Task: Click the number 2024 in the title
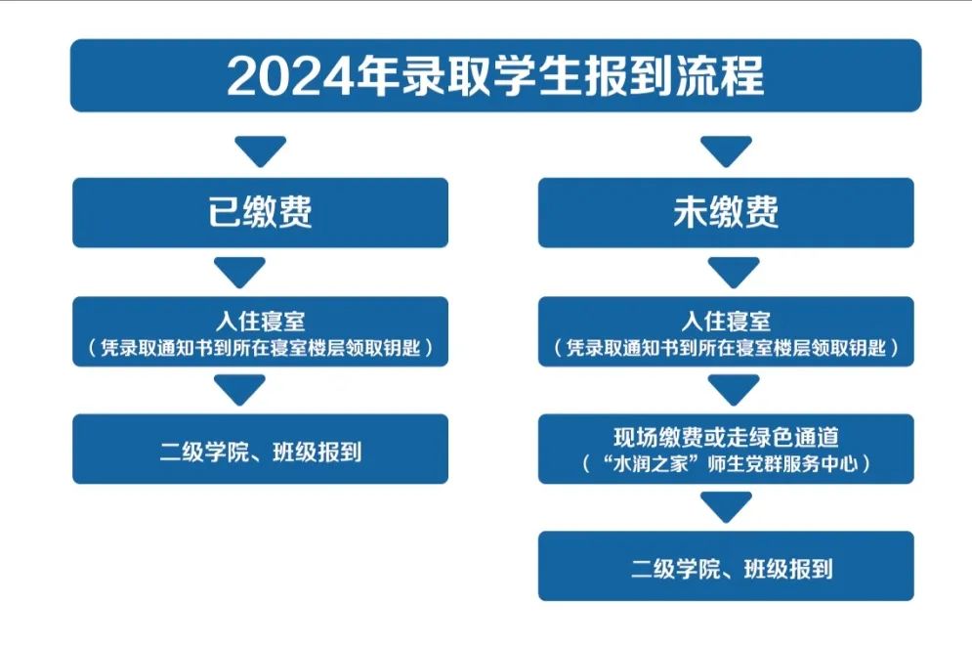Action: pos(291,76)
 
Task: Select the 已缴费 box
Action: pos(261,213)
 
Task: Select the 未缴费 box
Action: pos(726,213)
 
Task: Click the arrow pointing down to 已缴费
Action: pos(261,151)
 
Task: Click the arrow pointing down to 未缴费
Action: pos(726,151)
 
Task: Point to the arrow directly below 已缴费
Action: pos(240,272)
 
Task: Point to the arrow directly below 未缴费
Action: pos(734,272)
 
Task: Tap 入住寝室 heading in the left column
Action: pos(261,321)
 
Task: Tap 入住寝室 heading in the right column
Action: pos(726,321)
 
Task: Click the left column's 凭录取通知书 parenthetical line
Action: pos(261,347)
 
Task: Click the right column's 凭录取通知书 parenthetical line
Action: pos(726,347)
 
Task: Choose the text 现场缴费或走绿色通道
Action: pos(726,437)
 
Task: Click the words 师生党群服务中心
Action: pos(782,463)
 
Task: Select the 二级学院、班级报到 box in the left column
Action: pos(261,450)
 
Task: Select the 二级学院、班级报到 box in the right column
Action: pos(726,566)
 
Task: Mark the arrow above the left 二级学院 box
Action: pos(240,390)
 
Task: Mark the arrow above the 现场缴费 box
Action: pos(734,390)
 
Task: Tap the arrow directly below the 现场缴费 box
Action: pos(726,507)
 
